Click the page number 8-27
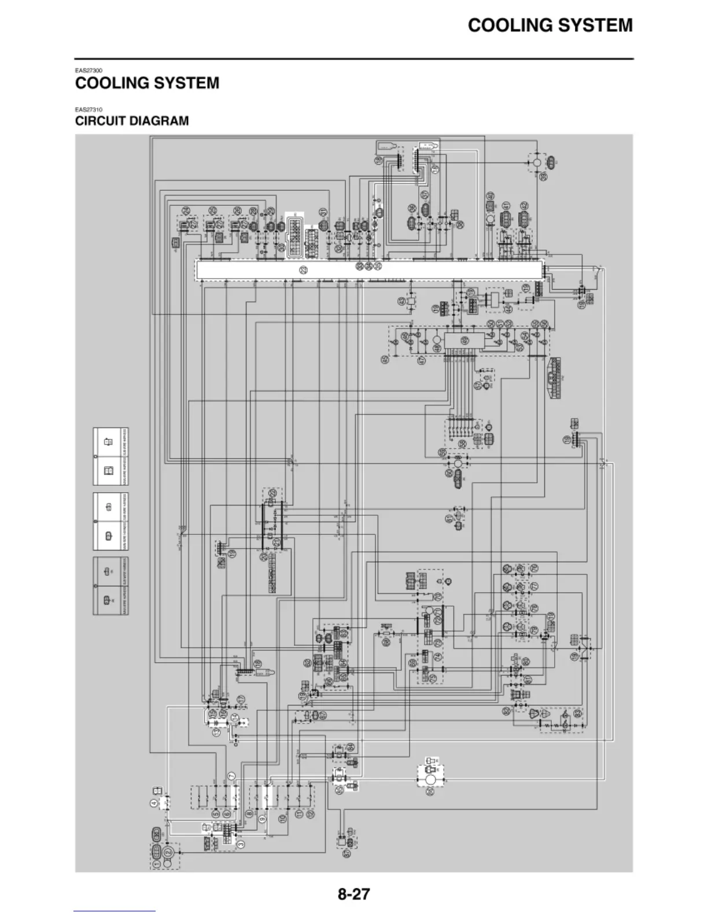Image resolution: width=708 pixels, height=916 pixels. [x=353, y=894]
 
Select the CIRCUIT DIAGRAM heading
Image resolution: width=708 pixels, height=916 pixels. [x=132, y=121]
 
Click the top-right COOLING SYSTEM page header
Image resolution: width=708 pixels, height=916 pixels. [x=550, y=25]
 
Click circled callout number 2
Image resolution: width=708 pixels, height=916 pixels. [x=168, y=853]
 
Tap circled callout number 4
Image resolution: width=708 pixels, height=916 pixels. [x=154, y=803]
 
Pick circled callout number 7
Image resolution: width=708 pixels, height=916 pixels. [x=231, y=775]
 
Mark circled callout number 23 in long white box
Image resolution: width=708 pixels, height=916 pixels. [x=304, y=270]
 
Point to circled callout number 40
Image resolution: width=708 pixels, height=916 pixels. [x=490, y=197]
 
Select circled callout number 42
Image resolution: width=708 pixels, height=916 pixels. [x=524, y=206]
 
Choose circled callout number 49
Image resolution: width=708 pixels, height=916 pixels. [x=464, y=341]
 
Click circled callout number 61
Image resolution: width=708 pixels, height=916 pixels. [x=449, y=519]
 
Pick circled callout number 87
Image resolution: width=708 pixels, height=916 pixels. [x=346, y=853]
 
